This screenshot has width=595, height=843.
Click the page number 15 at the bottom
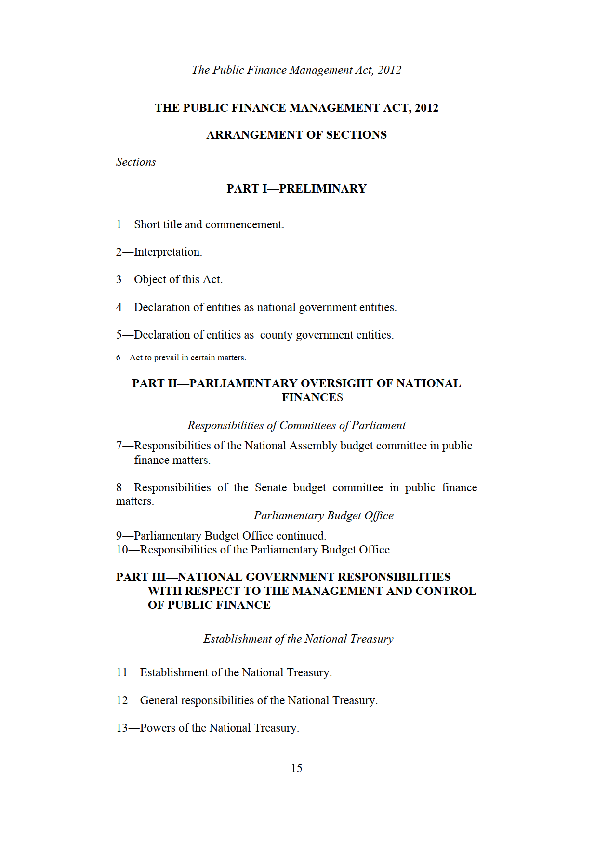click(296, 768)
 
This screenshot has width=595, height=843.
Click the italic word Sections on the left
click(136, 162)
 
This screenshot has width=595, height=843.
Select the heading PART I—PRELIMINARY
click(296, 189)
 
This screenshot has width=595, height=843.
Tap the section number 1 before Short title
click(119, 225)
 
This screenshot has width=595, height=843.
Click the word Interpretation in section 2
click(167, 252)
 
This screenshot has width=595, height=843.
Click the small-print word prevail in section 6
click(166, 358)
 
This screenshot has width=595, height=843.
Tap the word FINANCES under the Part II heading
click(312, 397)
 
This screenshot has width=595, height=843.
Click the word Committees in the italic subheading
click(307, 426)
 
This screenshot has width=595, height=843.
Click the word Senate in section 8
click(271, 488)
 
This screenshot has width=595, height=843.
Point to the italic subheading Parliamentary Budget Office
click(323, 516)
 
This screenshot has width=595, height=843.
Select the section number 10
click(122, 550)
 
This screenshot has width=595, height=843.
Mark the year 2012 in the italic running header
click(389, 70)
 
